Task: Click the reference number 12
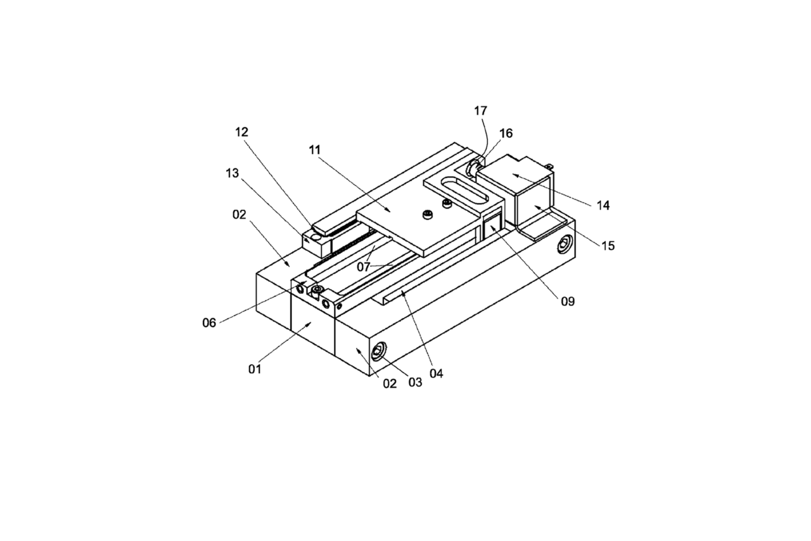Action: click(241, 132)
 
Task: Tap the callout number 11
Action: click(316, 150)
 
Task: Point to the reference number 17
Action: click(480, 111)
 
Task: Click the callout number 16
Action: click(506, 134)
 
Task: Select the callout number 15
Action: click(608, 246)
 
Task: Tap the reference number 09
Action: click(567, 302)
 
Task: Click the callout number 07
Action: click(363, 267)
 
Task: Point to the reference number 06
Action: click(209, 323)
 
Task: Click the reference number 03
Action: click(414, 383)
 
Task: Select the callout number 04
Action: click(436, 373)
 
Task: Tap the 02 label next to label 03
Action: click(389, 383)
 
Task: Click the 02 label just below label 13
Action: click(239, 214)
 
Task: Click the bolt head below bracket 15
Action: click(563, 245)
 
